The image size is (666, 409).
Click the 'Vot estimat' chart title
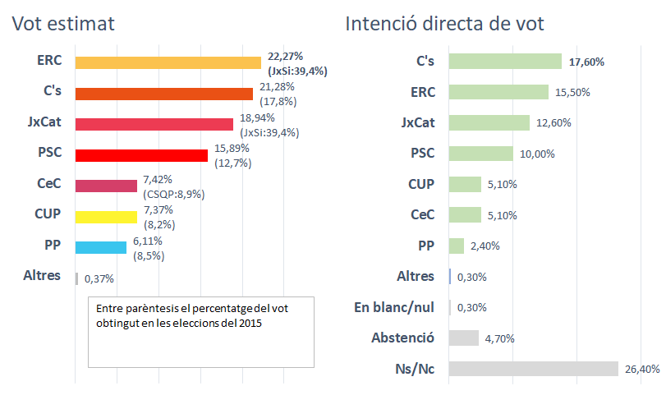point(62,25)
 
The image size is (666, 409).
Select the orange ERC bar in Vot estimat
point(168,62)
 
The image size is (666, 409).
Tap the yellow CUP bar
point(106,217)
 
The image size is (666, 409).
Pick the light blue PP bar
point(100,247)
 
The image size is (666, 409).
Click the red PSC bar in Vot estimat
point(141,155)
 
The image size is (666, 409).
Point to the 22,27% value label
point(285,56)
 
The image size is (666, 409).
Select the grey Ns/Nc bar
point(534,370)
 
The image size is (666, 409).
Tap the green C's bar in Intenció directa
point(506,62)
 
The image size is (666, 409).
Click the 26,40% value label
point(642,370)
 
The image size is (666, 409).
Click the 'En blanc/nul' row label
point(394,307)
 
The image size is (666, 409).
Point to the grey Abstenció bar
point(464,338)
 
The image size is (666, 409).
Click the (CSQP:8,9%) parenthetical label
point(174,195)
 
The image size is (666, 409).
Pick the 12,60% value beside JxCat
point(553,123)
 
